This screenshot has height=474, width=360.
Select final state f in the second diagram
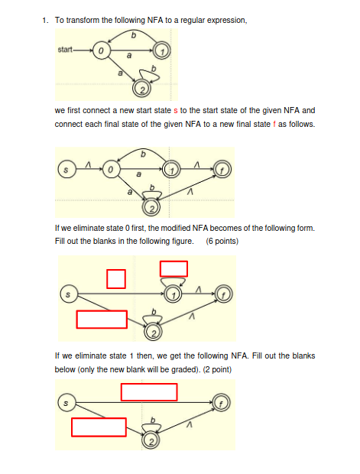222,167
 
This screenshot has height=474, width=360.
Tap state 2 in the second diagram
152,208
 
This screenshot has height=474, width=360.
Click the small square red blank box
115,278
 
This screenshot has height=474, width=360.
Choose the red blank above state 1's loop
174,268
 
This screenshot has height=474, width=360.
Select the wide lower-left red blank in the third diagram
101,319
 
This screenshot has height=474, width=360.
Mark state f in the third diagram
222,293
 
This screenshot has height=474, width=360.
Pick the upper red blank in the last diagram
149,391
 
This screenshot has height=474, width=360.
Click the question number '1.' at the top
47,21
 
